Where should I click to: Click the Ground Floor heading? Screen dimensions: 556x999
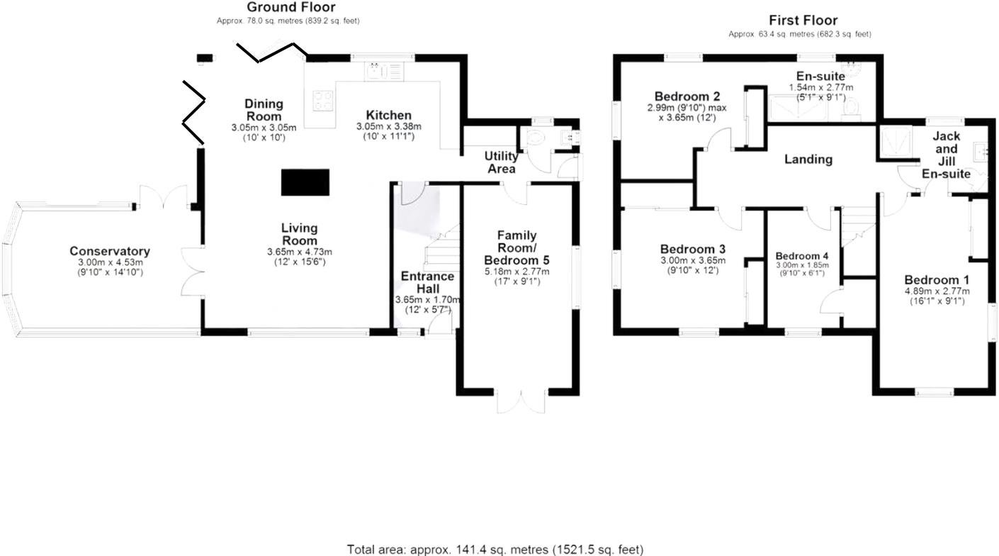[x=290, y=7]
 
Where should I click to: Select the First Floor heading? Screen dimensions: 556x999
[x=803, y=21]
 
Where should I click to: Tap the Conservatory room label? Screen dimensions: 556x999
[x=110, y=251]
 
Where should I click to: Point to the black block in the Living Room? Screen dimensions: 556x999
[x=306, y=182]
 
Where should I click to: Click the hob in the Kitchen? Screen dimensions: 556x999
[x=322, y=102]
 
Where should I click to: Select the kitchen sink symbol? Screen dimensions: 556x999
[x=383, y=70]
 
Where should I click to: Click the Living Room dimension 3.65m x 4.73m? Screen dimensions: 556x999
[x=299, y=252]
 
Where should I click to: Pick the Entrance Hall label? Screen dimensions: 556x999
[x=427, y=282]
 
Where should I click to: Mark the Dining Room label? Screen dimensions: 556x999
[x=264, y=110]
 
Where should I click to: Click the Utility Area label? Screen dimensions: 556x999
[x=500, y=162]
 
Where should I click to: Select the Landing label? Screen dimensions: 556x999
[x=808, y=160]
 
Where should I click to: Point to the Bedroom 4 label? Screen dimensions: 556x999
[x=802, y=256]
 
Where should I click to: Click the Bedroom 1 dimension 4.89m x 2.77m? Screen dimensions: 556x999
[x=937, y=291]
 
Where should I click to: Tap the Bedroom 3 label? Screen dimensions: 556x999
[x=692, y=250]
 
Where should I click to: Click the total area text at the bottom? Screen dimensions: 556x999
[x=495, y=549]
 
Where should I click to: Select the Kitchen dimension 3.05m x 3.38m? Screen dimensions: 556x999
[x=389, y=127]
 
